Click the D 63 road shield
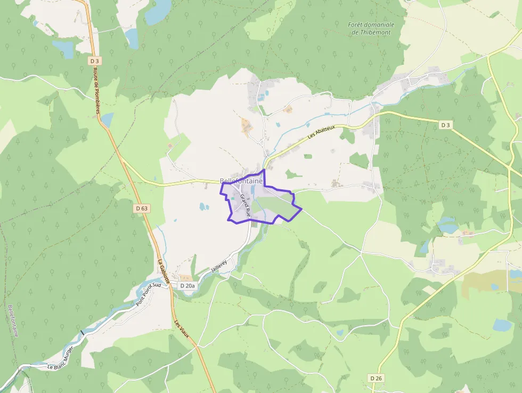click(141, 208)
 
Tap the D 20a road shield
click(187, 286)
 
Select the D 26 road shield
click(376, 378)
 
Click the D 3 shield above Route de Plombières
click(95, 61)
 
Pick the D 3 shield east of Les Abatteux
click(445, 125)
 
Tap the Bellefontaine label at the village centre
click(241, 181)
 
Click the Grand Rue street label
click(246, 204)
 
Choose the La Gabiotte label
click(164, 271)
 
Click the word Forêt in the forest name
click(358, 25)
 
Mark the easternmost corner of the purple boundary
click(302, 208)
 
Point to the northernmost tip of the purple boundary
click(264, 170)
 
